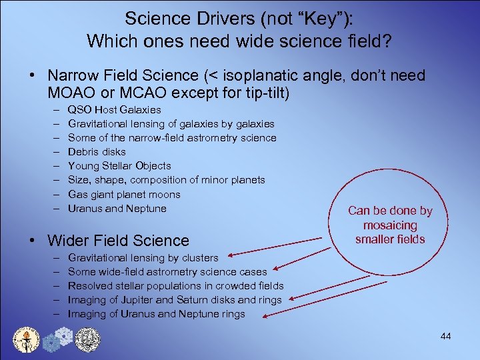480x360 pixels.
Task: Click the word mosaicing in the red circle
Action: pyautogui.click(x=390, y=225)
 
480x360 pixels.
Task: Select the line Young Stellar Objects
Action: pyautogui.click(x=119, y=165)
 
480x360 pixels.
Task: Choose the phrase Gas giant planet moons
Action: pyautogui.click(x=124, y=194)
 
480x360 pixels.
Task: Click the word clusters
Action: pyautogui.click(x=200, y=257)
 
